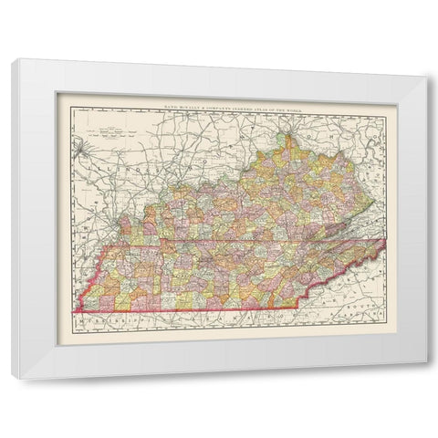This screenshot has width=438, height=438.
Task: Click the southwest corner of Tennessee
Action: click(73, 313)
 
